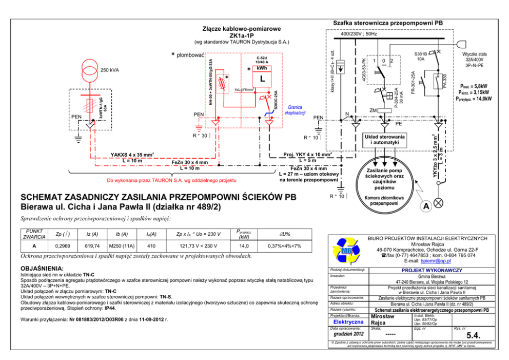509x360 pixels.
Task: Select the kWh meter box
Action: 262,75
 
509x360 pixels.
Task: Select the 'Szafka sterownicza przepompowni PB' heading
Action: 388,23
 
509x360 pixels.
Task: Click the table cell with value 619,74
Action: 93,246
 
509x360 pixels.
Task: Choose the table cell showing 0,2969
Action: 62,246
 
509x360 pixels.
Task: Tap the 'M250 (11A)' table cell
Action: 122,246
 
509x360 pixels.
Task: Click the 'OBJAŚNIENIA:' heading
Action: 41,269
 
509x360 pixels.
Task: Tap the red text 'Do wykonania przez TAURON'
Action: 171,181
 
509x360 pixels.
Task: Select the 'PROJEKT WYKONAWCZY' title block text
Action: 432,270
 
